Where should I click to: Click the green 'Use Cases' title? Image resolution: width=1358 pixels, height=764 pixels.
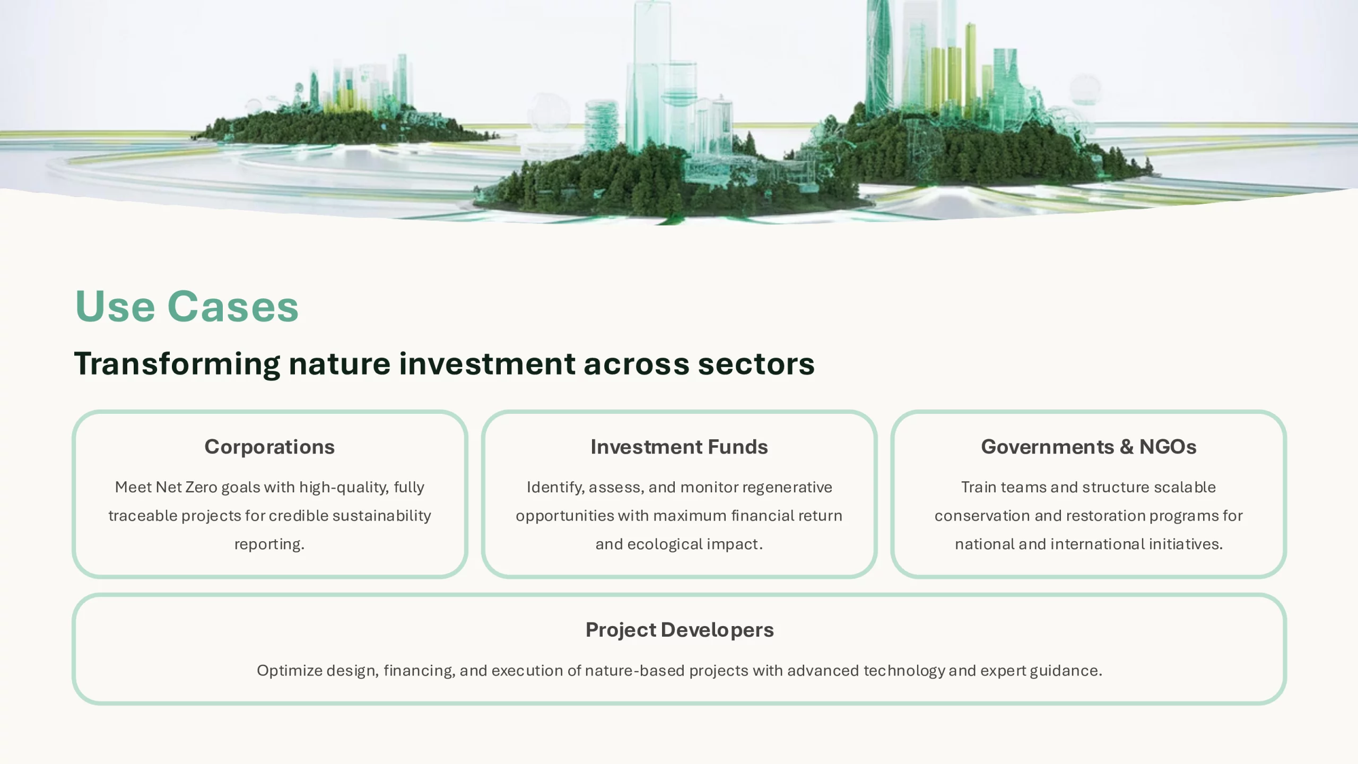[187, 307]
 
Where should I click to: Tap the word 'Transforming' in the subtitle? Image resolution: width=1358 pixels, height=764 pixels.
[177, 364]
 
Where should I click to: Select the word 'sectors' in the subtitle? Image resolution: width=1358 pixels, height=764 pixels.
[756, 364]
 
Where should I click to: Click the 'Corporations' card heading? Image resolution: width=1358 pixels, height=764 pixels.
[269, 447]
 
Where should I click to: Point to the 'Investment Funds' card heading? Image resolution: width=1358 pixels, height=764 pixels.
[679, 447]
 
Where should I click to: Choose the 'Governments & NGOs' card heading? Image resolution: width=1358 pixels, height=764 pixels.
[1089, 447]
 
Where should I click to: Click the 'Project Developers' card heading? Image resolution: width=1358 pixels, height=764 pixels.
[680, 630]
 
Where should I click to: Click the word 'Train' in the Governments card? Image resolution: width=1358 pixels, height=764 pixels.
[979, 487]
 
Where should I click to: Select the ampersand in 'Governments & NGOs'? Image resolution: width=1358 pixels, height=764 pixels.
[1127, 447]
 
